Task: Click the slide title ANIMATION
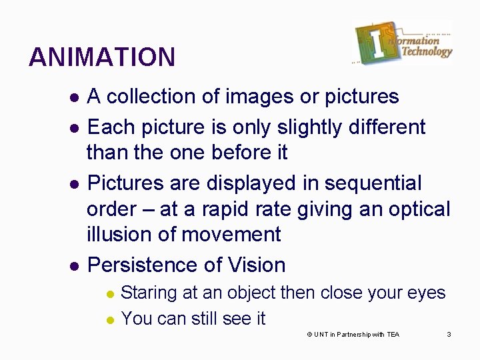click(x=102, y=57)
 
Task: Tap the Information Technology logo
click(x=403, y=43)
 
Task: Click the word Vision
click(x=256, y=265)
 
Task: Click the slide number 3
click(x=449, y=334)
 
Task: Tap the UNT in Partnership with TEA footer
click(x=353, y=334)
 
